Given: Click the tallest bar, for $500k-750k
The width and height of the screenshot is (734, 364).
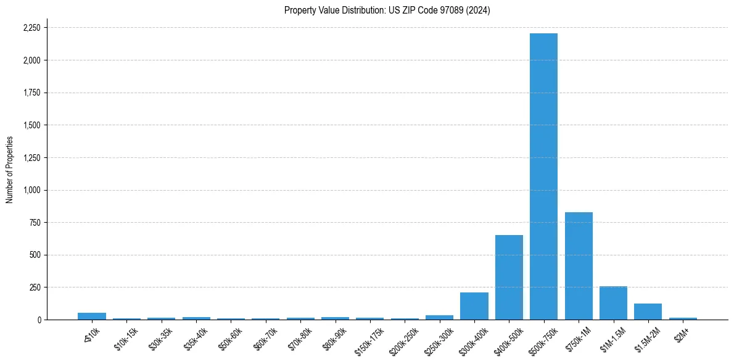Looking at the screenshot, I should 543,176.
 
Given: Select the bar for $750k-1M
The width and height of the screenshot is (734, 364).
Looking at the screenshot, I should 579,266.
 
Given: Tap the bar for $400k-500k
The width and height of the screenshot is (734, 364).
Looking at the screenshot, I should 509,277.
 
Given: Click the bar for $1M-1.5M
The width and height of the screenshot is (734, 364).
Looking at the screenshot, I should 613,303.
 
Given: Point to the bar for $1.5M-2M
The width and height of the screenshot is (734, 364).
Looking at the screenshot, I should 648,312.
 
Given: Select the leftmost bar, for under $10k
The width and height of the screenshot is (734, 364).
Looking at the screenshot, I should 92,316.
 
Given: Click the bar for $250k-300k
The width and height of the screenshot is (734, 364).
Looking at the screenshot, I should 439,317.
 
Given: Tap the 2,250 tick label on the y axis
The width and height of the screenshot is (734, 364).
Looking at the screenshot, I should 31,28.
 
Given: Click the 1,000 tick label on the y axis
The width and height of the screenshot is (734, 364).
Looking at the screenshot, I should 31,190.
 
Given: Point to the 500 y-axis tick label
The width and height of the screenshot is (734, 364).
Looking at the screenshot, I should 35,255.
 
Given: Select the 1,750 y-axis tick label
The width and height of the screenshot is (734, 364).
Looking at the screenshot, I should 31,93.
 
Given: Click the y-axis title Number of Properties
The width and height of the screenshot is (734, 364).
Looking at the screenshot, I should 9,170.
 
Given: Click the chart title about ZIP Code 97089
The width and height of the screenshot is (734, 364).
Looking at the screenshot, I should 387,10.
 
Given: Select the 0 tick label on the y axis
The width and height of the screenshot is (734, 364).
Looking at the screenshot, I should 39,320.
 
